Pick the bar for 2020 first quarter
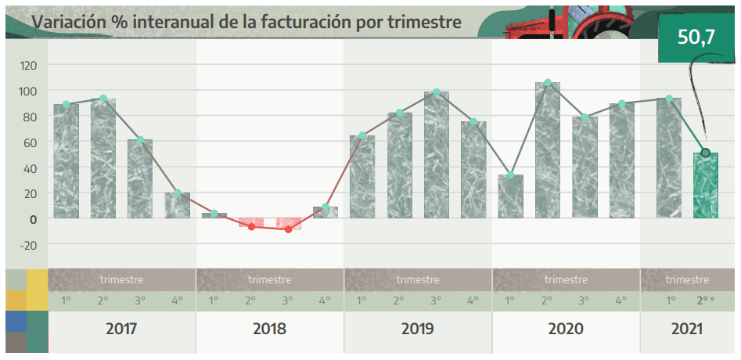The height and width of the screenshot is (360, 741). [510, 196]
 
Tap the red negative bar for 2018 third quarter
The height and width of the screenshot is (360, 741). [288, 224]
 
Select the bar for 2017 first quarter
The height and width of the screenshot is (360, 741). [67, 161]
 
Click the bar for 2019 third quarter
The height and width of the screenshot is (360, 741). [437, 155]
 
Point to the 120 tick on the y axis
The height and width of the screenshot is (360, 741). [28, 66]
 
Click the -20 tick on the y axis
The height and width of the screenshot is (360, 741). [28, 244]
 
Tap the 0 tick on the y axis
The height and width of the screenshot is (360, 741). [33, 219]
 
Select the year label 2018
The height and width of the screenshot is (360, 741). [269, 329]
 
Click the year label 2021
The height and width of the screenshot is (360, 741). [687, 329]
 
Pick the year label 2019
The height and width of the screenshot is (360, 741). [418, 329]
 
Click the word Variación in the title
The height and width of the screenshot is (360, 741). [68, 22]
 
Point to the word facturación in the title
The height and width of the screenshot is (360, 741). [299, 22]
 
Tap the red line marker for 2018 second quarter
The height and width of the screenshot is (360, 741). [251, 226]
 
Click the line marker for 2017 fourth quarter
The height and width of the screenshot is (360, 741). [178, 193]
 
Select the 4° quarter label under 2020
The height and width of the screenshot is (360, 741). [620, 301]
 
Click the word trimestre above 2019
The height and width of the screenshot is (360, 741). [418, 279]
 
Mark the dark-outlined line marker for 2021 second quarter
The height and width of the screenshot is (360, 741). [706, 153]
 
